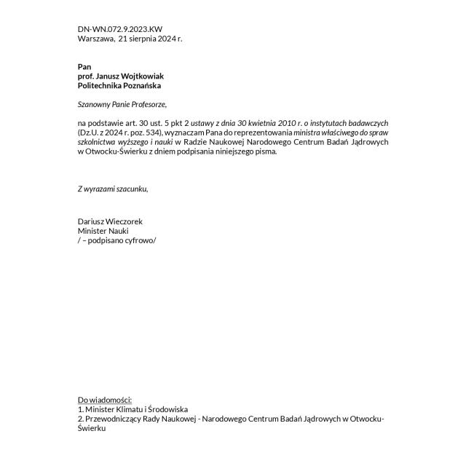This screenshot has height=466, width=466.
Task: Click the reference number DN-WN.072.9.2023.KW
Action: pos(120,29)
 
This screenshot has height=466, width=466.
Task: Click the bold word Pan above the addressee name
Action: pos(84,67)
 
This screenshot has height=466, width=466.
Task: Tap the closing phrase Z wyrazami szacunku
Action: pos(113,189)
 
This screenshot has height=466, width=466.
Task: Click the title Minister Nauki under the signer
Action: pos(103,230)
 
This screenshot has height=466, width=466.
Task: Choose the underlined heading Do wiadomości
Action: pos(105,400)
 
